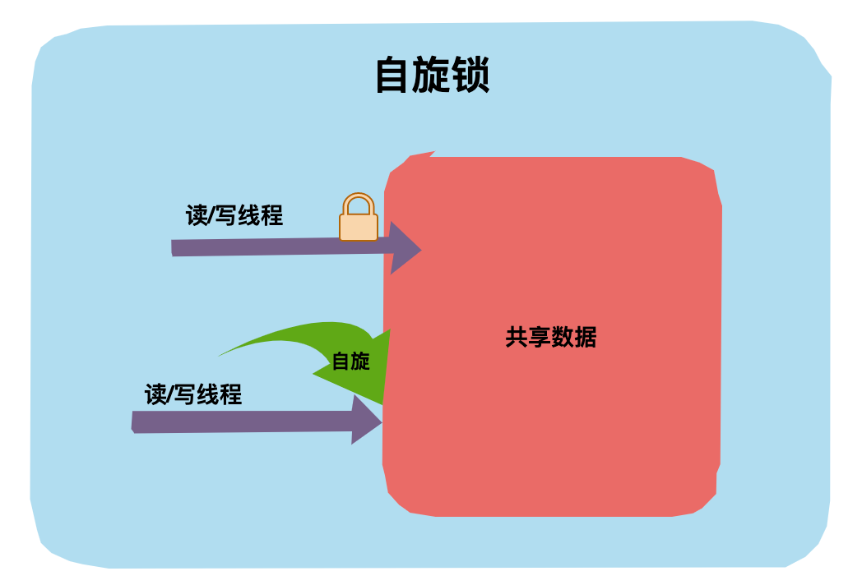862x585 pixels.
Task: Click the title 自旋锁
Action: (x=432, y=76)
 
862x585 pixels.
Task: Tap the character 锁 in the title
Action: (x=470, y=76)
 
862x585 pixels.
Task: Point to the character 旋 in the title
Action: (x=432, y=76)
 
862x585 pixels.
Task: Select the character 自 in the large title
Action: (x=393, y=76)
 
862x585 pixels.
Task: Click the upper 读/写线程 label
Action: (x=234, y=216)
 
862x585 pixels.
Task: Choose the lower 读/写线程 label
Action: (x=193, y=394)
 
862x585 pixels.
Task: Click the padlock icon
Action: (x=359, y=218)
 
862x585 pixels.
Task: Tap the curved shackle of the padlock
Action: (x=359, y=202)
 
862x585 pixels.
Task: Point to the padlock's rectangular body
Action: (x=359, y=227)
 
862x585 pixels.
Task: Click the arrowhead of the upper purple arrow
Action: (x=404, y=248)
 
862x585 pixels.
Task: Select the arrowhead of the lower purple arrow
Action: (x=365, y=420)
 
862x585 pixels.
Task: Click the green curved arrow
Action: (x=329, y=345)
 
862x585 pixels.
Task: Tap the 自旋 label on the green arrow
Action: (x=351, y=362)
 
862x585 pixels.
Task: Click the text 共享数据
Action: (x=550, y=337)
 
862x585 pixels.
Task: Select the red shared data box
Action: (x=551, y=427)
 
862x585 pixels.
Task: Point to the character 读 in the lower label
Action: (x=155, y=394)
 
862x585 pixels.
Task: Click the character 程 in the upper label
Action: (x=272, y=216)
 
